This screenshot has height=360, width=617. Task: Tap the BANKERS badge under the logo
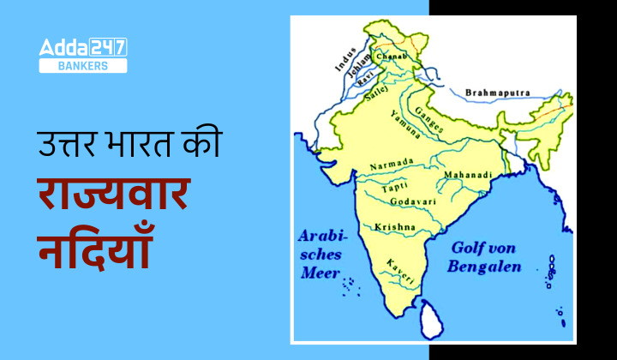83,66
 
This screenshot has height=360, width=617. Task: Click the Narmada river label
392,163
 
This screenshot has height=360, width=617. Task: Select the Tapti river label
393,184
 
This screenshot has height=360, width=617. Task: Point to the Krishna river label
395,227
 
